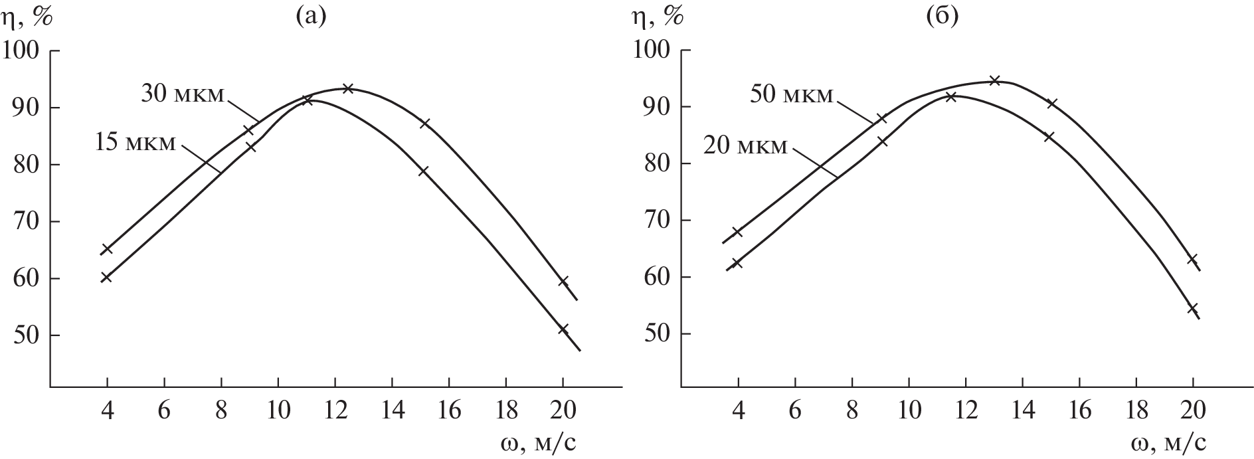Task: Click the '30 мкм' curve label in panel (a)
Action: pos(184,94)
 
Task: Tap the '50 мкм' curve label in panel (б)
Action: pos(791,94)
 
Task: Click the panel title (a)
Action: pos(310,17)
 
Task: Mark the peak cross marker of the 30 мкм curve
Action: pos(347,88)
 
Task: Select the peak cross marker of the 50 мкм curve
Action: pos(994,80)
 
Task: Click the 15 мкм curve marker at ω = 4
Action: pos(106,278)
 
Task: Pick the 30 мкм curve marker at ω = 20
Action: pos(563,282)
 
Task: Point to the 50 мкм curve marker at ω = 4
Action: pos(737,232)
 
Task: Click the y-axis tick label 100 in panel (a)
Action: pos(23,51)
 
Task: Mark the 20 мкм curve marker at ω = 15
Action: pos(1049,137)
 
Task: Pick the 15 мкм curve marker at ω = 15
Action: pos(423,171)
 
